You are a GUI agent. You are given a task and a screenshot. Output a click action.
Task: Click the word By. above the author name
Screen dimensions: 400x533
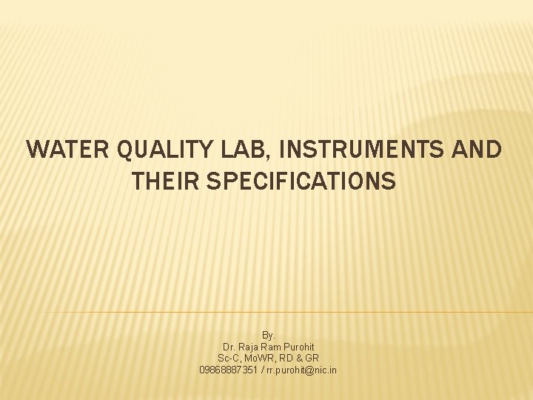pos(268,336)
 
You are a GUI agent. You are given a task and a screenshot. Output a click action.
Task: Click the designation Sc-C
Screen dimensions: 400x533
pos(229,358)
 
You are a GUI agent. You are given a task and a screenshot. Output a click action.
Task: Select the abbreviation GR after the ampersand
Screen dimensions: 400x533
pos(312,358)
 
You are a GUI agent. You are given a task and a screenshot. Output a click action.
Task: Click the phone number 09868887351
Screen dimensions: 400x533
pos(229,370)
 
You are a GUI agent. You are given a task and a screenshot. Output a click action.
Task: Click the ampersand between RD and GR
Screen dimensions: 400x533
pos(298,358)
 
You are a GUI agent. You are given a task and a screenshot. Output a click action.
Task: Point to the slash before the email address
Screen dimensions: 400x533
pos(262,370)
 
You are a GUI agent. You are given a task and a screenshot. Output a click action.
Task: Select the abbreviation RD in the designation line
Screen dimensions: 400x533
pos(286,358)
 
